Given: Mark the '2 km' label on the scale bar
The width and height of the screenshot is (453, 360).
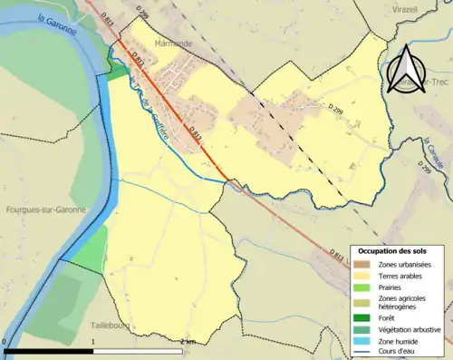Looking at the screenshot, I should click(x=188, y=341).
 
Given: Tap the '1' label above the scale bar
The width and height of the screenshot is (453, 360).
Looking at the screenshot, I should click(x=93, y=341).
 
